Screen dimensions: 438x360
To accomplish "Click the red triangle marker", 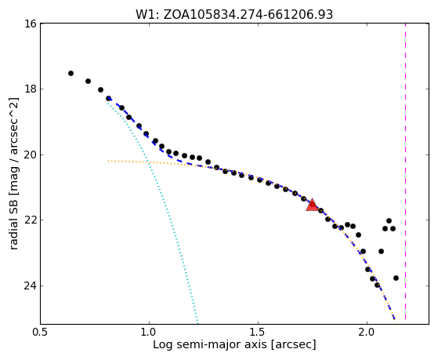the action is [312, 205].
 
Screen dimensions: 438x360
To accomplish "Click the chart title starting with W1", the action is [234, 14].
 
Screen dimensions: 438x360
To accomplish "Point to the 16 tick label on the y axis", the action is [31, 24].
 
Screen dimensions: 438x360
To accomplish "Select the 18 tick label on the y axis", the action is [31, 89].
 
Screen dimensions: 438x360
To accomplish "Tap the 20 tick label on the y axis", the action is [31, 155].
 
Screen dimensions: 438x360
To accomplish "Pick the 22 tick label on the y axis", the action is [31, 220].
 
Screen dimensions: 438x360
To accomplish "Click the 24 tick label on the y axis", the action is [31, 285].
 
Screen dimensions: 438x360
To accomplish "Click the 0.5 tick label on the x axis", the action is [41, 333].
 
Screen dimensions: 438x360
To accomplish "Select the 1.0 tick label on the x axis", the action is [150, 333].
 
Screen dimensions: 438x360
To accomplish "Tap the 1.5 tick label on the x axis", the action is [259, 333].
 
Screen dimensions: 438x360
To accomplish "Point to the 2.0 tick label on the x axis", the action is [367, 333].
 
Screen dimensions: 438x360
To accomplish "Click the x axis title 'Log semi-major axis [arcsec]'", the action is [234, 344].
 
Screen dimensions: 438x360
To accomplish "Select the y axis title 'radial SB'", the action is [13, 173].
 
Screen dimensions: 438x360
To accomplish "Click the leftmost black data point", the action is [71, 73].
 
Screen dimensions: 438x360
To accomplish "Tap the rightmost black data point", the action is [396, 278].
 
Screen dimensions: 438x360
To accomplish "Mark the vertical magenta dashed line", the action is [405, 172].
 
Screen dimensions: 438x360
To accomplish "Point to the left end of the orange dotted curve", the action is [108, 161].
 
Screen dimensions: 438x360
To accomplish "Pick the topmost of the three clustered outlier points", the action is [389, 220].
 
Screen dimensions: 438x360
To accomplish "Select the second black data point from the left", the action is [88, 81].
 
